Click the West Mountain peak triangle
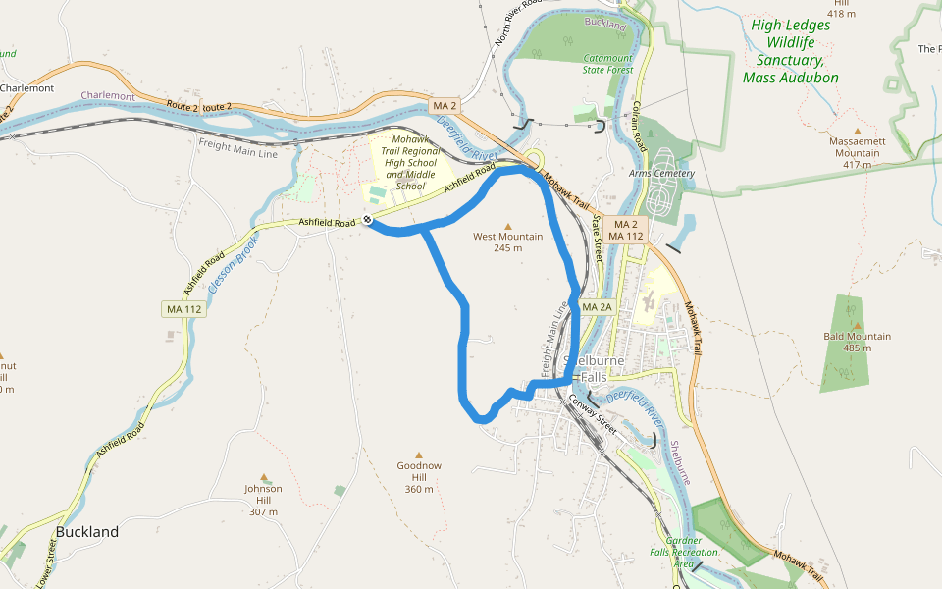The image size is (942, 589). [508, 226]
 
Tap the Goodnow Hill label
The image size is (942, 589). [418, 477]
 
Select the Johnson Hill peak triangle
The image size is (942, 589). [263, 477]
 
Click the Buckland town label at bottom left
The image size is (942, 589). [87, 532]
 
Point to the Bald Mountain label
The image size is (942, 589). [858, 342]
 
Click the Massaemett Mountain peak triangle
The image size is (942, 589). [858, 131]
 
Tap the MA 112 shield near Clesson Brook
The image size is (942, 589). [183, 309]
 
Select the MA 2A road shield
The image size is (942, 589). [597, 307]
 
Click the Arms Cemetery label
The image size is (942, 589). [661, 174]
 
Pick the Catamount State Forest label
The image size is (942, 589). [608, 64]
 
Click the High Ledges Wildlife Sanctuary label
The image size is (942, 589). [791, 51]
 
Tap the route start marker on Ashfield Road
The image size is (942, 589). [367, 221]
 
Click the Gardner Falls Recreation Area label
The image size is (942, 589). [684, 552]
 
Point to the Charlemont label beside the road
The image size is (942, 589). [108, 96]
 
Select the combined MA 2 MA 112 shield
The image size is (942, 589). [625, 231]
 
